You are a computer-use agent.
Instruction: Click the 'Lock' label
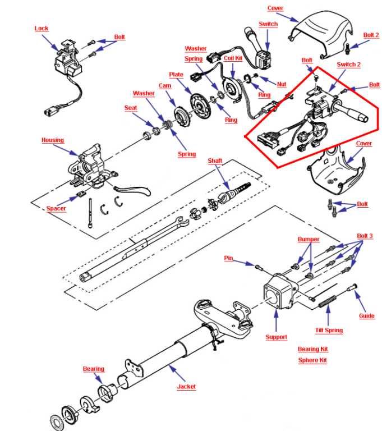(42, 29)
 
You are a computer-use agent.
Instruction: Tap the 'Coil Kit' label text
(233, 58)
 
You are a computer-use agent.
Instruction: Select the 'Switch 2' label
(349, 65)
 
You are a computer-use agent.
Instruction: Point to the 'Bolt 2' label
(371, 35)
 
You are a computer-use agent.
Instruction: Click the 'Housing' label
(53, 140)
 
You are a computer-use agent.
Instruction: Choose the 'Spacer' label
(56, 209)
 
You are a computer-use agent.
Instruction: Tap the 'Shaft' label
(215, 161)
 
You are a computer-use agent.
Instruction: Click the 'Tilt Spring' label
(329, 331)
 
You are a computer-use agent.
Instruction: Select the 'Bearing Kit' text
(312, 349)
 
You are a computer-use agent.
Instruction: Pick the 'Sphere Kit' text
(312, 360)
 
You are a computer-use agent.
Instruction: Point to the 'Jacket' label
(186, 387)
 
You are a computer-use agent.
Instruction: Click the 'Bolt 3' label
(365, 236)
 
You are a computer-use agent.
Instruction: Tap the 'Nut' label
(282, 84)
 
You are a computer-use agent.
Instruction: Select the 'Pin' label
(228, 258)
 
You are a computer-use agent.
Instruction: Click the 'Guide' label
(367, 316)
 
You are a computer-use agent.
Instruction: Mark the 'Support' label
(276, 337)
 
